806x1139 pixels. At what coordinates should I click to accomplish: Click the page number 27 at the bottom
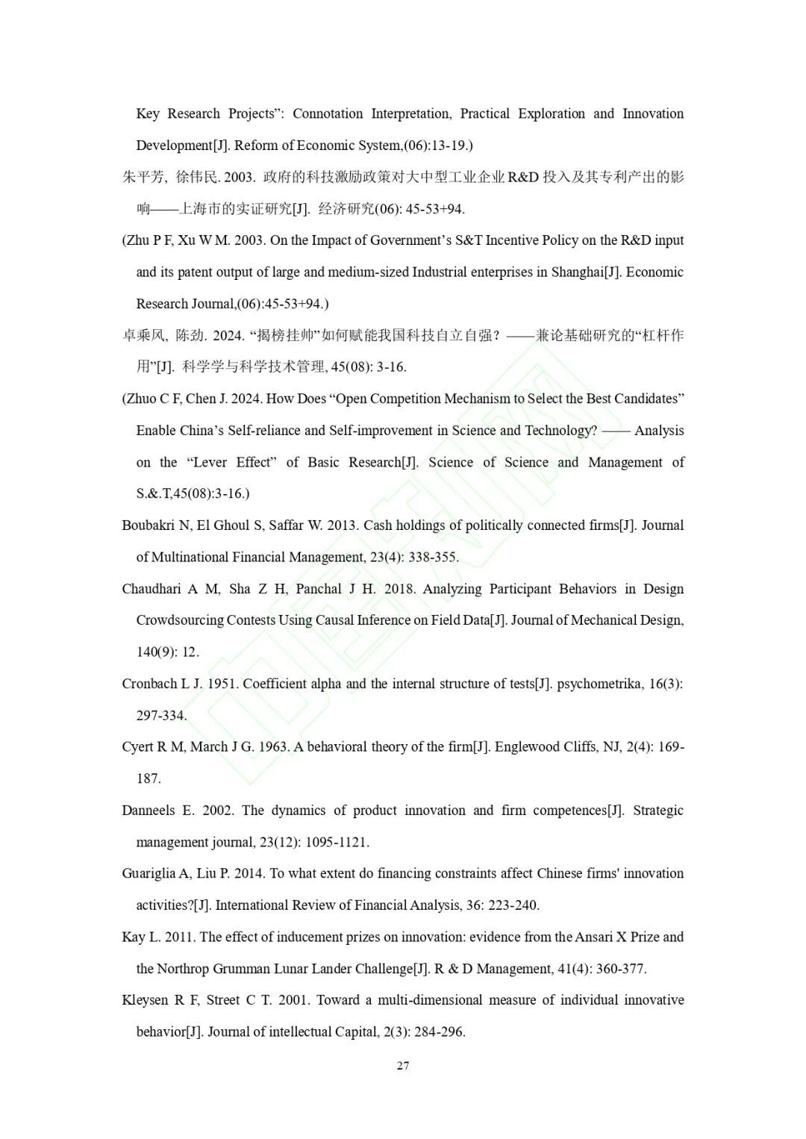[403, 1066]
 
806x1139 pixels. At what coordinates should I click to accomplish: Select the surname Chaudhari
[151, 589]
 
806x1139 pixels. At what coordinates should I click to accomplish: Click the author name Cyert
[137, 747]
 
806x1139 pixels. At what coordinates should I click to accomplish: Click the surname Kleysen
[146, 1000]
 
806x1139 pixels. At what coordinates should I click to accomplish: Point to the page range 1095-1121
[337, 843]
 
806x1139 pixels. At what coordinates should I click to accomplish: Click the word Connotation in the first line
[327, 113]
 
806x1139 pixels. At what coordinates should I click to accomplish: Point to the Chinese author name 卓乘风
[144, 336]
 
